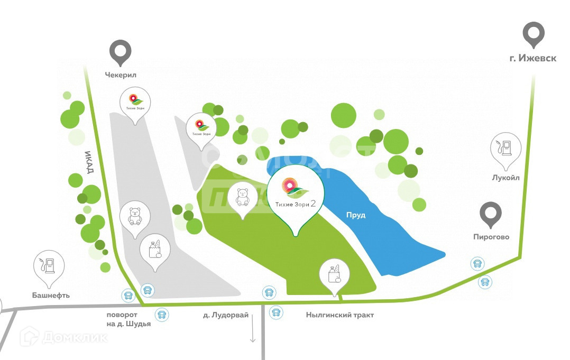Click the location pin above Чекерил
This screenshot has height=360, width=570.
click(x=121, y=52)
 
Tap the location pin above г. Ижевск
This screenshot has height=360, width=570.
click(x=533, y=34)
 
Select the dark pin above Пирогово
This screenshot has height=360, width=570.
click(x=491, y=214)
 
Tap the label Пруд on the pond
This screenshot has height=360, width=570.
click(x=356, y=216)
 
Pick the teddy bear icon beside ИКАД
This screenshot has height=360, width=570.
click(x=135, y=216)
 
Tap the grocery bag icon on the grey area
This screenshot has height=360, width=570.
click(x=154, y=248)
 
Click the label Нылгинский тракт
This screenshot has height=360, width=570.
click(x=339, y=315)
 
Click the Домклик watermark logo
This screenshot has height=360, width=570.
click(x=63, y=337)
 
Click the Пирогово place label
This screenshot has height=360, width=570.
click(x=491, y=237)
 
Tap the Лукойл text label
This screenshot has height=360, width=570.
click(x=505, y=178)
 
